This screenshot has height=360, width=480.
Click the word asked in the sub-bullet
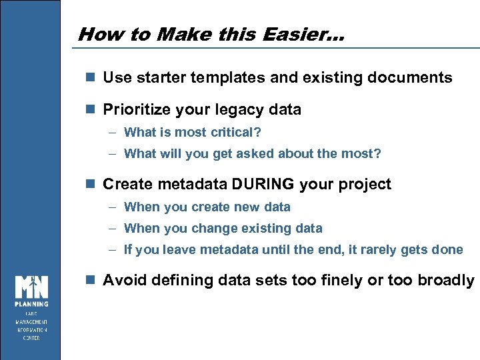pos(273,154)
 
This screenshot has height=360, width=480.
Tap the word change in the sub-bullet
pos(211,228)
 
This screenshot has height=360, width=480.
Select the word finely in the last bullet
pos(340,280)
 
